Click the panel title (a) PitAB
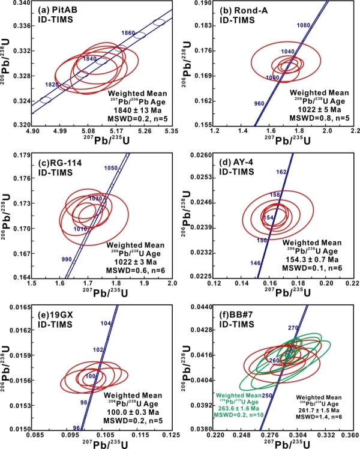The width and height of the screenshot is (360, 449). click(x=56, y=10)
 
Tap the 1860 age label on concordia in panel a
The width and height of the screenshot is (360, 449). click(x=128, y=31)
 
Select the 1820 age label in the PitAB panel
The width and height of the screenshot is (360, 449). click(x=52, y=84)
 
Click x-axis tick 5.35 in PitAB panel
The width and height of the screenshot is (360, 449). click(x=172, y=130)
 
